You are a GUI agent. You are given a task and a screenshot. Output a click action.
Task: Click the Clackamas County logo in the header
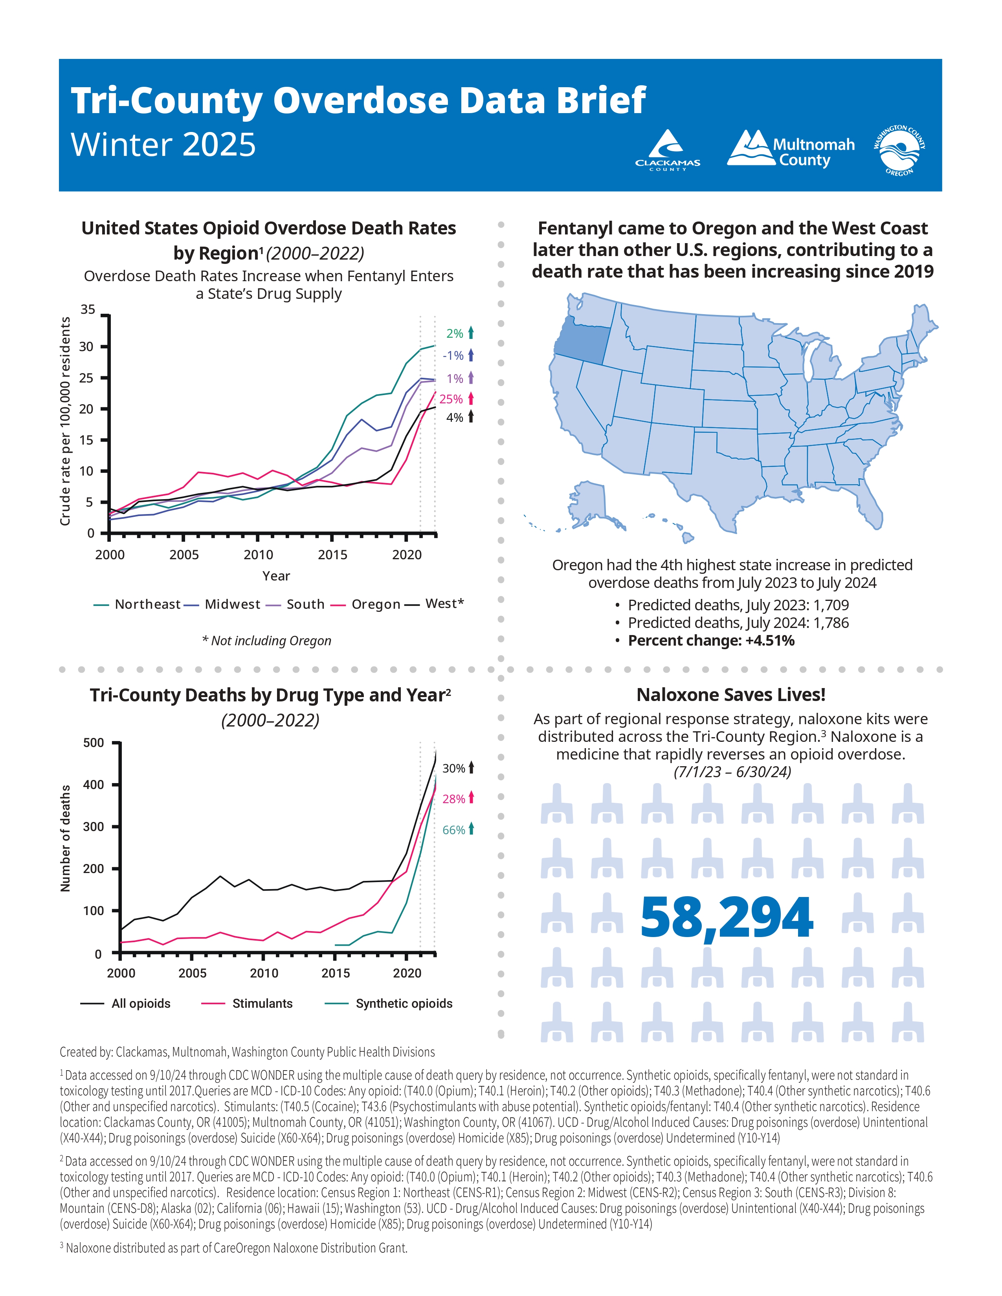(x=668, y=150)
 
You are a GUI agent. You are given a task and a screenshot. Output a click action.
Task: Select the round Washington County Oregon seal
(x=899, y=150)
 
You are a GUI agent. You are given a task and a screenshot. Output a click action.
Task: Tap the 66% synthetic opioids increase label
(x=454, y=829)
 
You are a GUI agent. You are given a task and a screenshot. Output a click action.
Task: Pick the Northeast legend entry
(x=138, y=604)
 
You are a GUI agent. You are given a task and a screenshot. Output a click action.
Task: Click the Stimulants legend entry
(x=248, y=1003)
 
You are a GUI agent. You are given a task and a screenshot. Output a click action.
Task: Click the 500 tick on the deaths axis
(x=93, y=742)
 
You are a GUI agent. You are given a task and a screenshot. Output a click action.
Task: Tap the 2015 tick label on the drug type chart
(x=336, y=973)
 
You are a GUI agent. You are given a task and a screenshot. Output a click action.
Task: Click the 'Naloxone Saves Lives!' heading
(x=731, y=695)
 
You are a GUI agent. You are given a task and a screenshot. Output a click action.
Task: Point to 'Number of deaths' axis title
(x=65, y=838)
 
